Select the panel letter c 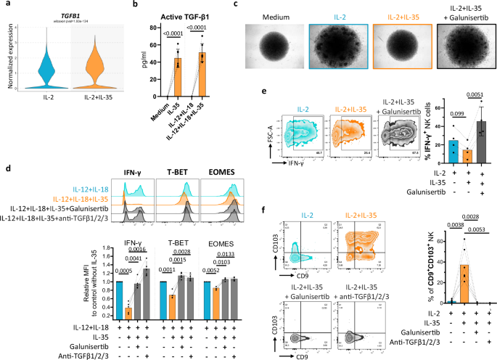[236, 5]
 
